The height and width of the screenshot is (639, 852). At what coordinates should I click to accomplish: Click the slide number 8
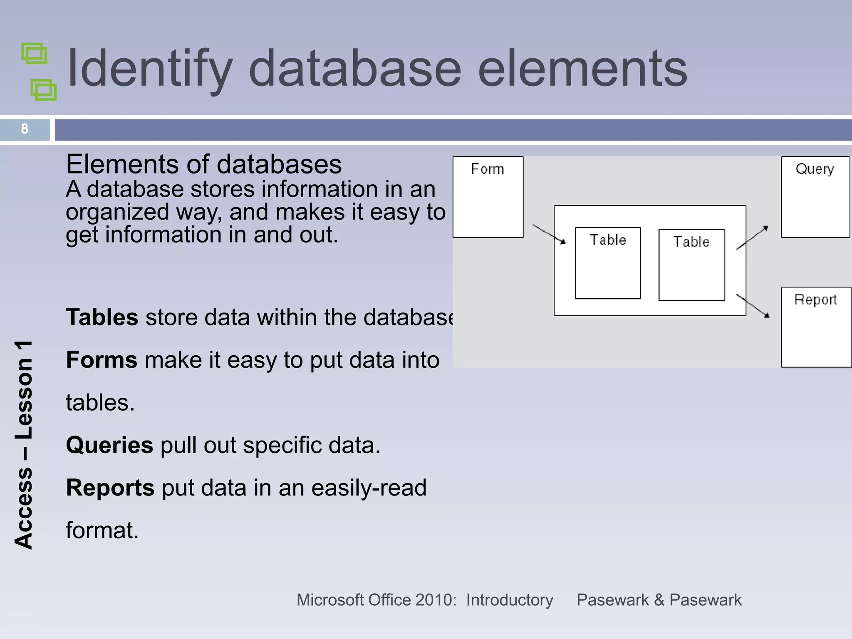click(25, 129)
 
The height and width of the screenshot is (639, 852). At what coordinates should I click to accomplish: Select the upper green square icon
click(34, 54)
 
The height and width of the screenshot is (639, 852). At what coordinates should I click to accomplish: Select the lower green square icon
click(44, 89)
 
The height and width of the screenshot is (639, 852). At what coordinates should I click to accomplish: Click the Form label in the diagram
click(488, 169)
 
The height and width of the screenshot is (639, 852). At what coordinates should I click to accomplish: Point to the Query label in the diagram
click(815, 169)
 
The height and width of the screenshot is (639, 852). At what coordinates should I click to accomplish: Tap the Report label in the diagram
click(815, 300)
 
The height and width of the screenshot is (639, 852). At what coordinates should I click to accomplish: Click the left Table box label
click(608, 240)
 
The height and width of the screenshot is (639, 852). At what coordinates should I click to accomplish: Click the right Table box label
click(691, 242)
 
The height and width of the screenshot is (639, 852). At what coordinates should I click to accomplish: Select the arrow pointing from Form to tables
click(549, 234)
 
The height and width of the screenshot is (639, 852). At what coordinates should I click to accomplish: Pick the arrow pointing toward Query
click(752, 238)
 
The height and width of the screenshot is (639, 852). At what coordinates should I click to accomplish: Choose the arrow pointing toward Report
click(753, 306)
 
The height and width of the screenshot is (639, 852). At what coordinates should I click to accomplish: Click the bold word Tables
click(102, 317)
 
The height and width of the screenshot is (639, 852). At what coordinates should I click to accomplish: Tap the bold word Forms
click(102, 360)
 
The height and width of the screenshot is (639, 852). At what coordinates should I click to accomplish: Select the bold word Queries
click(109, 445)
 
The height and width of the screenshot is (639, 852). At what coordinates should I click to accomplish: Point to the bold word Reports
click(110, 488)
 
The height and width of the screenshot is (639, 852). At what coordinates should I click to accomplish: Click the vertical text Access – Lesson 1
click(24, 445)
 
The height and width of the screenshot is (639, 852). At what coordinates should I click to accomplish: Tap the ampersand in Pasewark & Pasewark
click(659, 600)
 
